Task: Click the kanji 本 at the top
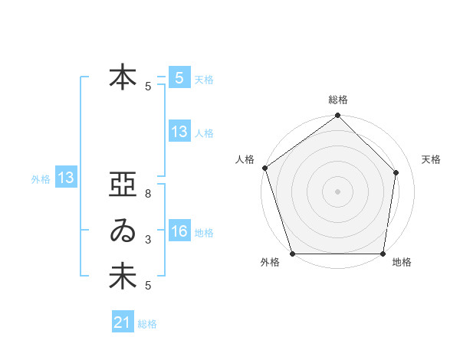tap(123, 78)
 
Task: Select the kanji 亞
tap(123, 186)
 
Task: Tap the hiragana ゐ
tap(123, 231)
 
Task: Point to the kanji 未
tap(123, 277)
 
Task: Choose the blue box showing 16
tap(179, 231)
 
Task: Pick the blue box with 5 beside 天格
tap(179, 78)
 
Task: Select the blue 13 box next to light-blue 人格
tap(179, 132)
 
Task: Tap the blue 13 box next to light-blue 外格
tap(66, 178)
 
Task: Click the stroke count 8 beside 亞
tap(148, 195)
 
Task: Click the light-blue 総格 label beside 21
tap(147, 324)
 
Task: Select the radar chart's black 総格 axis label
tap(338, 100)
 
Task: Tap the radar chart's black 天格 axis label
tap(432, 159)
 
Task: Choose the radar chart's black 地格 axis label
tap(402, 263)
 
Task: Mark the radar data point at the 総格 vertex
tap(338, 116)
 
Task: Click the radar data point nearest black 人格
tap(265, 168)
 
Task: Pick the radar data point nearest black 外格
tap(293, 254)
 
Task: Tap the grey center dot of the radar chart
tap(338, 191)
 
